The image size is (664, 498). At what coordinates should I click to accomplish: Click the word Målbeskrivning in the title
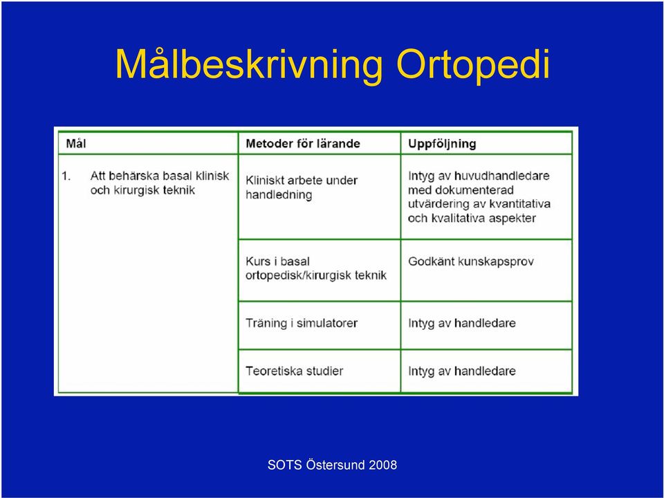pyautogui.click(x=249, y=66)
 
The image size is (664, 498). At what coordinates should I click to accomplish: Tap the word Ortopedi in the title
pyautogui.click(x=473, y=66)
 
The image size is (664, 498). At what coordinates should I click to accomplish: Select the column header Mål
pyautogui.click(x=76, y=144)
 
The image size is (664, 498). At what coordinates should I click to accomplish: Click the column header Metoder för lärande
pyautogui.click(x=303, y=144)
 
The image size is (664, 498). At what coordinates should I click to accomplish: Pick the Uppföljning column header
pyautogui.click(x=442, y=144)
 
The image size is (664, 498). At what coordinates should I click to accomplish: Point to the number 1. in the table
pyautogui.click(x=66, y=176)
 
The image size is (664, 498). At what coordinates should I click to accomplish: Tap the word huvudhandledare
pyautogui.click(x=502, y=176)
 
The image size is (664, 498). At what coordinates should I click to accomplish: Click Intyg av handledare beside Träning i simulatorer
pyautogui.click(x=462, y=324)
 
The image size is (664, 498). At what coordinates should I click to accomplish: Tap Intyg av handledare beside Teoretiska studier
pyautogui.click(x=462, y=371)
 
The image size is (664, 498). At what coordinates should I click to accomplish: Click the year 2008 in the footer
pyautogui.click(x=382, y=465)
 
